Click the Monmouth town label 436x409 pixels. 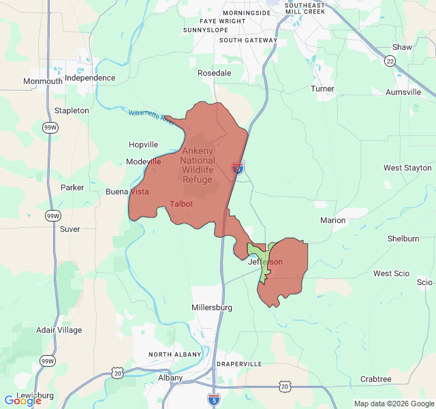[x=43, y=81]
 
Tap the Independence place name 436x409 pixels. [x=90, y=78]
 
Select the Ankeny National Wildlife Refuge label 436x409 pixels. [x=197, y=166]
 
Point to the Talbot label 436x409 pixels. [x=181, y=204]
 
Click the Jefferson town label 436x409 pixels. [x=265, y=262]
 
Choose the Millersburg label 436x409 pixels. [x=212, y=307]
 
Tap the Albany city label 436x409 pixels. [x=170, y=378]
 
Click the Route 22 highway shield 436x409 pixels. [x=390, y=61]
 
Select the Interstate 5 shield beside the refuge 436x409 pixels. [x=238, y=168]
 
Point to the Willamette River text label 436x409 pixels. [x=152, y=117]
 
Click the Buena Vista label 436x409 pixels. [x=127, y=192]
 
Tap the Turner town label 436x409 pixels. [x=322, y=89]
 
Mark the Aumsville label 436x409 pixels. [x=403, y=92]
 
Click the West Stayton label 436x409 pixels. [x=407, y=168]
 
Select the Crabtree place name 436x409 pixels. [x=375, y=379]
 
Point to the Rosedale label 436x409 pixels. [x=214, y=72]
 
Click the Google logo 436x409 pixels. [x=22, y=401]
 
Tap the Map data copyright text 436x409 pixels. [x=393, y=404]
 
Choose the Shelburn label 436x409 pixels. [x=403, y=239]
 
